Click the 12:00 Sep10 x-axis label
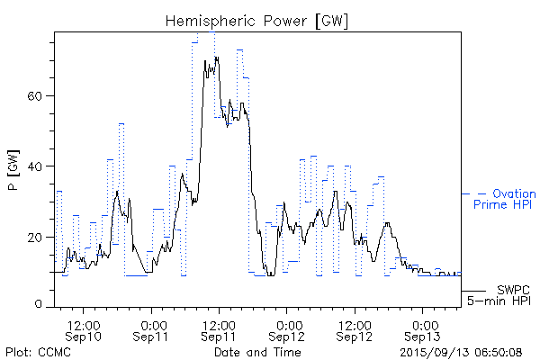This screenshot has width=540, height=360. (x=84, y=329)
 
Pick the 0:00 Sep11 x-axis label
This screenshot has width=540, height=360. (x=152, y=329)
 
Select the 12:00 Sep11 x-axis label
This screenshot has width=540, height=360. (x=220, y=329)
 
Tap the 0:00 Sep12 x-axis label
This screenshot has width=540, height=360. (x=288, y=329)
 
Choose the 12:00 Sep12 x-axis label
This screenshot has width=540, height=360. (x=355, y=329)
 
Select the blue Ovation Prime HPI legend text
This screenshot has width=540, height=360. (x=504, y=200)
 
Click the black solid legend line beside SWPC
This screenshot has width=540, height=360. (x=474, y=290)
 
